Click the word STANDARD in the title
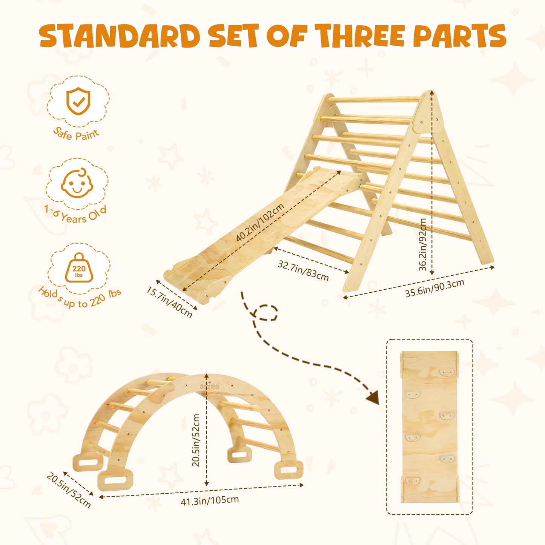[x=120, y=36]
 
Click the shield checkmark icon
[x=78, y=101]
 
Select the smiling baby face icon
[x=77, y=183]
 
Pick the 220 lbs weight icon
[x=79, y=268]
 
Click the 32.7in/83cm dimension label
[x=303, y=271]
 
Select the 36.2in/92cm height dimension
[x=422, y=244]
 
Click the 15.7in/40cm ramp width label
[x=169, y=302]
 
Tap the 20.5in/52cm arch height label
[x=196, y=440]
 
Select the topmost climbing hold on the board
[x=447, y=372]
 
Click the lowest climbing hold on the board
[x=412, y=481]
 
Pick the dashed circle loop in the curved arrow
[x=267, y=313]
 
